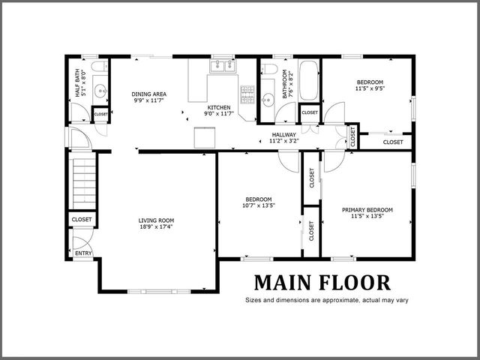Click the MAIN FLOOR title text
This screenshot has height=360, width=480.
pos(322,283)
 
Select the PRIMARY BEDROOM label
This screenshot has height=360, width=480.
pos(367,210)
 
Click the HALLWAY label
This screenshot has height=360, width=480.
pos(284,133)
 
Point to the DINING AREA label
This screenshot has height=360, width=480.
pos(149,94)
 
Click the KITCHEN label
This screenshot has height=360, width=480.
pos(219,107)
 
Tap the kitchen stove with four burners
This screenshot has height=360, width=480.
pos(247,94)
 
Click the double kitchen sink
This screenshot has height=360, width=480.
pos(222,66)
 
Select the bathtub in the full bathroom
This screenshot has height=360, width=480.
pos(309,81)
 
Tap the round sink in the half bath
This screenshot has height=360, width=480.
pos(103,92)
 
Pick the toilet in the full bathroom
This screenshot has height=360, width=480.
pos(269,70)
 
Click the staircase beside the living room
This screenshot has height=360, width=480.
pos(83,180)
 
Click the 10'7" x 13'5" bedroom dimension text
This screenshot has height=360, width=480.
pos(259,205)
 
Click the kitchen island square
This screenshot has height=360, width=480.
pos(205,138)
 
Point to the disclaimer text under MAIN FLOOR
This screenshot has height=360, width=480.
pos(322,301)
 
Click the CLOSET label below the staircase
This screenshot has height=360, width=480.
pos(82,219)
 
